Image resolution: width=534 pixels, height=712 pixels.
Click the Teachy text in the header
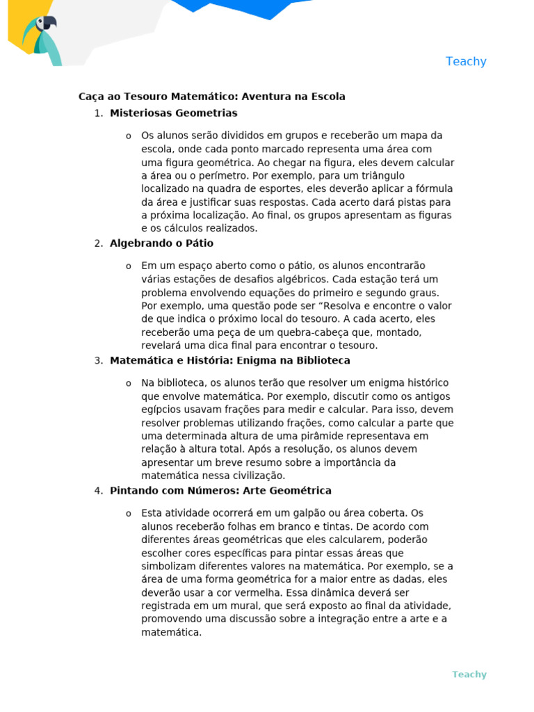(x=466, y=61)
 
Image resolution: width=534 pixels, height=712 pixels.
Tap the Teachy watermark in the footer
(x=469, y=674)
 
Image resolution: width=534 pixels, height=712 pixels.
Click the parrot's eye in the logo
(x=48, y=22)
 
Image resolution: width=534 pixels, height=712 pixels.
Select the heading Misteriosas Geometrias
(x=173, y=113)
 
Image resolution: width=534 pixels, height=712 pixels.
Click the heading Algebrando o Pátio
(x=161, y=243)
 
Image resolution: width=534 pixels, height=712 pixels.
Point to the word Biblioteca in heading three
(x=321, y=361)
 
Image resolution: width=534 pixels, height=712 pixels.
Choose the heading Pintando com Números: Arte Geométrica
(x=220, y=491)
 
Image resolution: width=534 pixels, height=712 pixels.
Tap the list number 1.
(x=98, y=113)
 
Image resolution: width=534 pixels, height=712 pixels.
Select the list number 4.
(x=98, y=491)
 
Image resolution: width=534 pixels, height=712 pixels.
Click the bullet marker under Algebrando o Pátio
(x=129, y=266)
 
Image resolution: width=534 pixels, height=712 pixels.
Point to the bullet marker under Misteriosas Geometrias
(x=129, y=136)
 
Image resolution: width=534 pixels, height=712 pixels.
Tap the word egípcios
(x=162, y=410)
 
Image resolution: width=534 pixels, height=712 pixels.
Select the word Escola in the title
(x=328, y=97)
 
